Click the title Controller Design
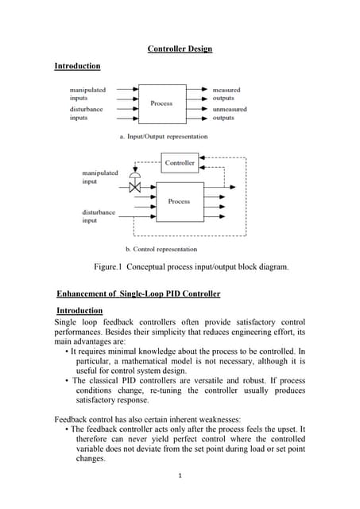pyautogui.click(x=180, y=49)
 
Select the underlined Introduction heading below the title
pyautogui.click(x=77, y=65)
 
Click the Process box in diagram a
pyautogui.click(x=161, y=103)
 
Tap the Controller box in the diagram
pyautogui.click(x=180, y=163)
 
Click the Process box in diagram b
pyautogui.click(x=179, y=201)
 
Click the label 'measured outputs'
pyautogui.click(x=226, y=95)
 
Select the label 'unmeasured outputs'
pyautogui.click(x=229, y=114)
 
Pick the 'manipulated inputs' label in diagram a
pyautogui.click(x=87, y=95)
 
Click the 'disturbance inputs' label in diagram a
pyautogui.click(x=86, y=114)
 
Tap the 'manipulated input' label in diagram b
pyautogui.click(x=99, y=177)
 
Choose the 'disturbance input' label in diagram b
pyautogui.click(x=99, y=216)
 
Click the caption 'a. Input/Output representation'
pyautogui.click(x=163, y=136)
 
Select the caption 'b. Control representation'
pyautogui.click(x=165, y=249)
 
